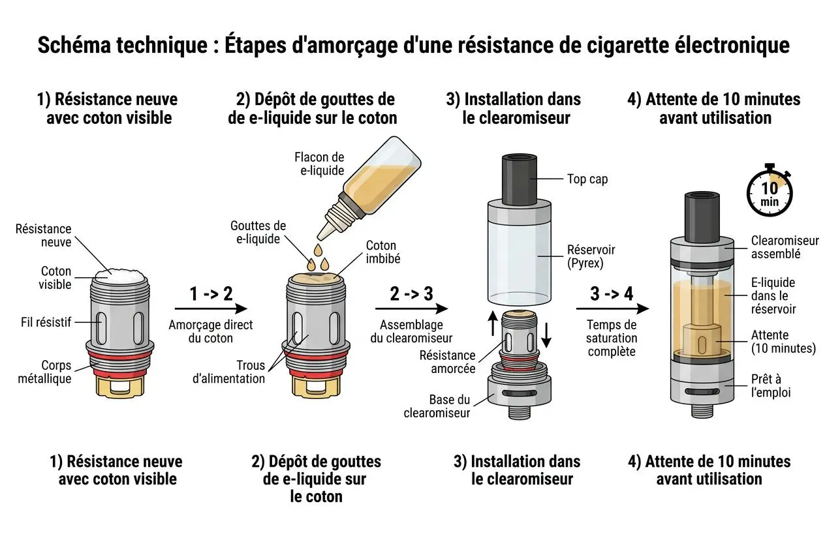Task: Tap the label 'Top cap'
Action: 587,179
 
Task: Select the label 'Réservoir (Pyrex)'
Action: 591,256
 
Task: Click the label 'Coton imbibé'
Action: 382,252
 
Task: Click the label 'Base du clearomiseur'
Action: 437,406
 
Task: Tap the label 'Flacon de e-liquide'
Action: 319,164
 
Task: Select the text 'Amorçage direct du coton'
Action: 211,331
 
